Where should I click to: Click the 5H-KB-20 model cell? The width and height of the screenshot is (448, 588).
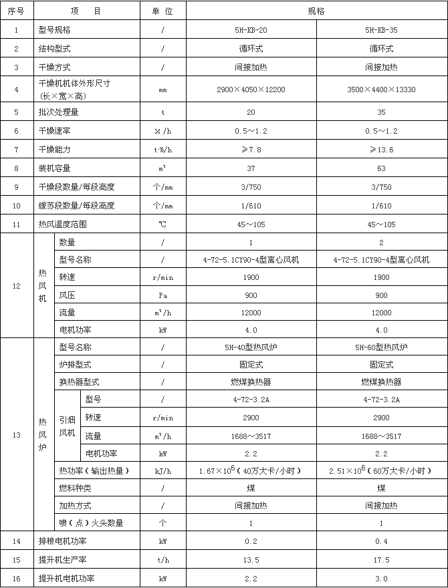(251, 30)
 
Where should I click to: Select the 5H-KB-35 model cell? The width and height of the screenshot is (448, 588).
(381, 30)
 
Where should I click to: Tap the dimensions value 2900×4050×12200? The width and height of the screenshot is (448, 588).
(251, 89)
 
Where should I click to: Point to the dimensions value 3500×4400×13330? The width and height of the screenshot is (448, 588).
(381, 89)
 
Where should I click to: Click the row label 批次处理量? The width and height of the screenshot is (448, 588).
(64, 112)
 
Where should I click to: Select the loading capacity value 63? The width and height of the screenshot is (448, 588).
(381, 168)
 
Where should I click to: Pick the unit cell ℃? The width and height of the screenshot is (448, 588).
(162, 225)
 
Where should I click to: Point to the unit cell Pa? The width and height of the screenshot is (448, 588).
(162, 295)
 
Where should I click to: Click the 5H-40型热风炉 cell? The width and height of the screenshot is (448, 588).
(251, 347)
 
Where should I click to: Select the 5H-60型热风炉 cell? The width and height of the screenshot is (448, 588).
(381, 347)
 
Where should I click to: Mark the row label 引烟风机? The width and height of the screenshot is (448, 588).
(67, 426)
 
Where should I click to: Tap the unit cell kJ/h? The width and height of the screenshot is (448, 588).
(162, 471)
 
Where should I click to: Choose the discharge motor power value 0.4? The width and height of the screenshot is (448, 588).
(381, 541)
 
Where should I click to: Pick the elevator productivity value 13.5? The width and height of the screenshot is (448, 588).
(251, 560)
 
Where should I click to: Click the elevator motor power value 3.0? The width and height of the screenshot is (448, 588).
(381, 579)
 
